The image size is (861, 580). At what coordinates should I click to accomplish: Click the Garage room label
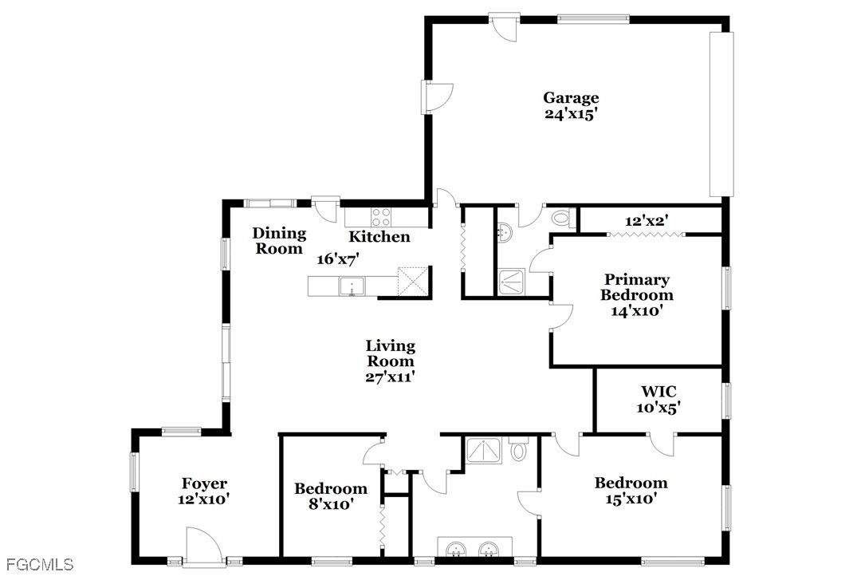tap(571, 98)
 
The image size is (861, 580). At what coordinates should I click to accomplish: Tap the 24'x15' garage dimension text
tap(571, 114)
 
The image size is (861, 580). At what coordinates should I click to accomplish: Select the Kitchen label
tap(379, 237)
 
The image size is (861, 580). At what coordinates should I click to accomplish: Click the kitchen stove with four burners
tap(381, 215)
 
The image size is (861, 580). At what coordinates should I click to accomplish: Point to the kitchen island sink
tap(352, 286)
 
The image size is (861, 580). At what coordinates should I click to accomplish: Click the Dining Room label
tap(279, 241)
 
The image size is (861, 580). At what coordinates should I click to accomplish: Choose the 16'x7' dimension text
tap(338, 259)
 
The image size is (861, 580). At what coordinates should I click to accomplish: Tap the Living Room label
tap(390, 353)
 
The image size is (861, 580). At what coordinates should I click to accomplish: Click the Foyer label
tap(204, 483)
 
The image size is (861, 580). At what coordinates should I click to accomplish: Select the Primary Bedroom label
tap(636, 287)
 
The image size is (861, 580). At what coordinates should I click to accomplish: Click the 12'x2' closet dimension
tap(647, 220)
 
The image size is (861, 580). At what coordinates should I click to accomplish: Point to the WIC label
tap(659, 392)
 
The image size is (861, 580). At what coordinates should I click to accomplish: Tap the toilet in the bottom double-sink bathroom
tap(518, 452)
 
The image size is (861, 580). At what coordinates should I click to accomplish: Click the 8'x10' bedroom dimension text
tap(331, 504)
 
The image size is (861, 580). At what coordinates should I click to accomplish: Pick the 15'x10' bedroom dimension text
tap(631, 499)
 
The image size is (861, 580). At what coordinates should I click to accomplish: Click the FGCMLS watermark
tap(37, 565)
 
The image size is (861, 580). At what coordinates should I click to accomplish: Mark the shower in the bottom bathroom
tap(483, 452)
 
